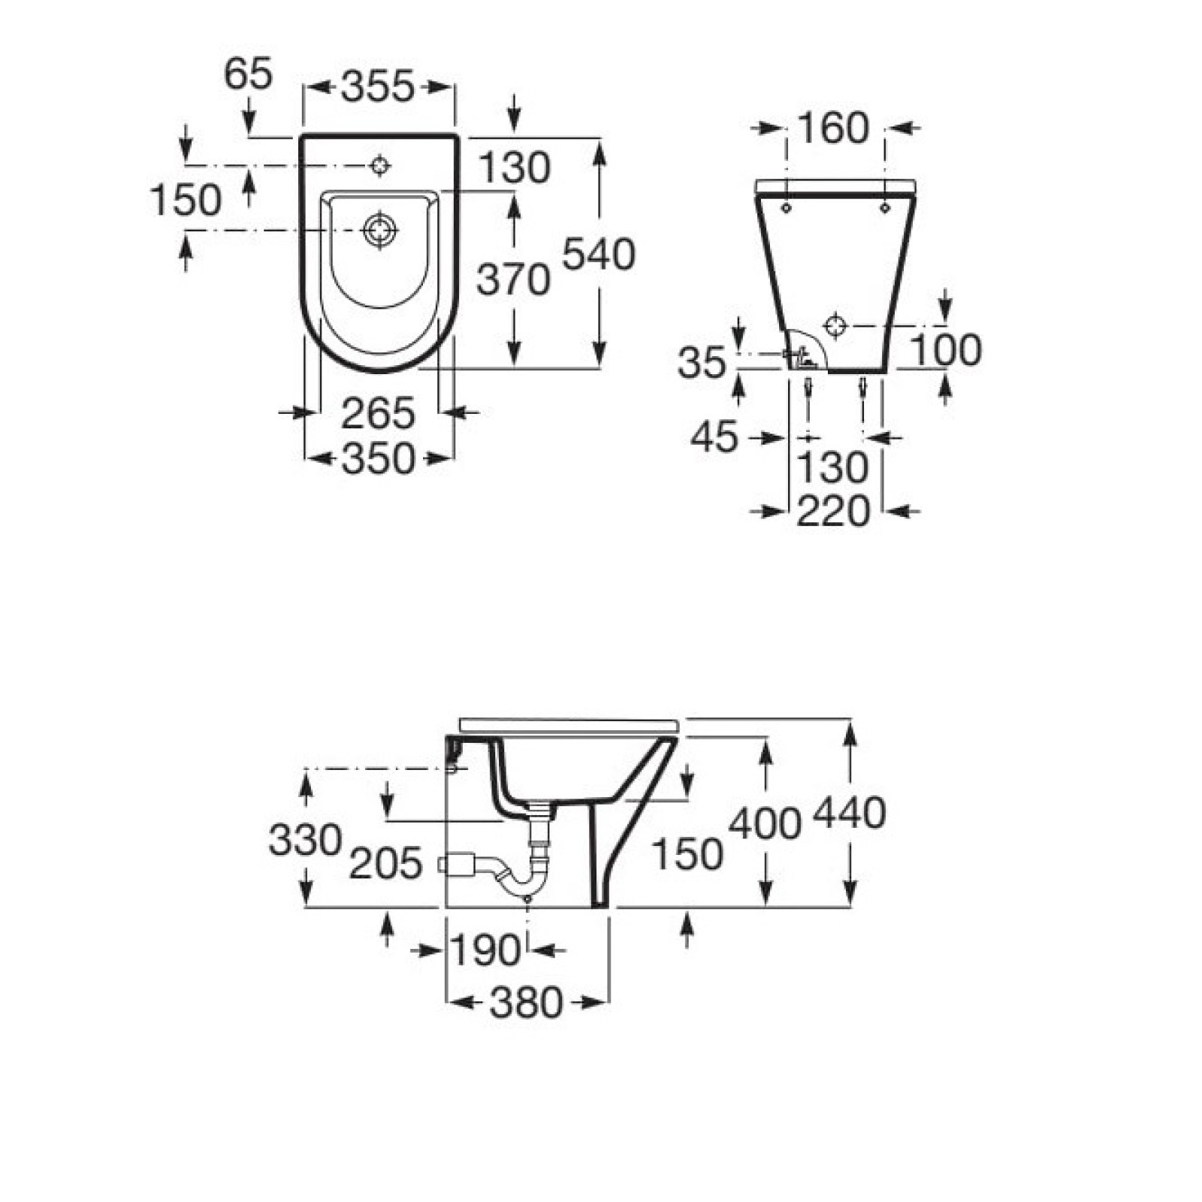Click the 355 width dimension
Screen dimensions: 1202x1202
378,87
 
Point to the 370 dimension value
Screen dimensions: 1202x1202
514,280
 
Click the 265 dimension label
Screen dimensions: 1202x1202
378,413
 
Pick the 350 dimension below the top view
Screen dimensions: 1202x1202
378,458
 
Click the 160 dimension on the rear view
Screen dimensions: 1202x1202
833,128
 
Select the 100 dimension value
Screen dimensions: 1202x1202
945,351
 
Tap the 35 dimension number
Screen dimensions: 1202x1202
702,364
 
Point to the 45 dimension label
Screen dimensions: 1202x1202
714,437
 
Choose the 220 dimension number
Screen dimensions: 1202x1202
833,512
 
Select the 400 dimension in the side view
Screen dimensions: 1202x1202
765,823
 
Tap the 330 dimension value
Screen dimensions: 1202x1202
305,840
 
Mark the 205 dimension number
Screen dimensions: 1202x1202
386,864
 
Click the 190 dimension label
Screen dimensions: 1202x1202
485,951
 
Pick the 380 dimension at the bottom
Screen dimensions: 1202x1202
526,1003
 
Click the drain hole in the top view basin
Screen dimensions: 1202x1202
380,230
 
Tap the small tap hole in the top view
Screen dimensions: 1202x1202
380,165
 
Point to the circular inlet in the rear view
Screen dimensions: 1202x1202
835,326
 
